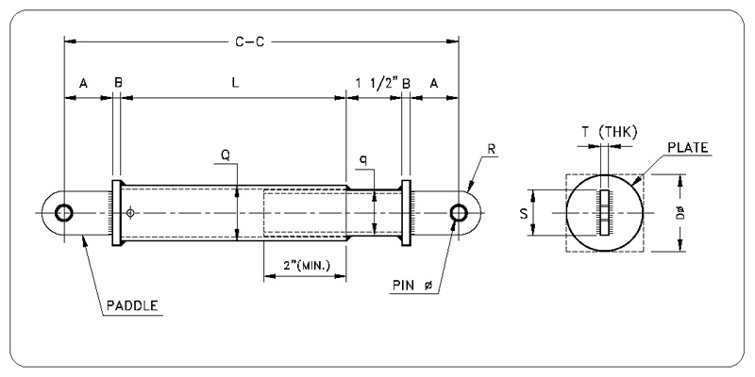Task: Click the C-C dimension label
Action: tap(249, 41)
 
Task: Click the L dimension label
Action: tap(235, 83)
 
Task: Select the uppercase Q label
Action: tap(226, 155)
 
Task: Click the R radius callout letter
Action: tap(492, 149)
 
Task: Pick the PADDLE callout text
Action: tap(132, 305)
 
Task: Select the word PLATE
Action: tap(688, 147)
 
